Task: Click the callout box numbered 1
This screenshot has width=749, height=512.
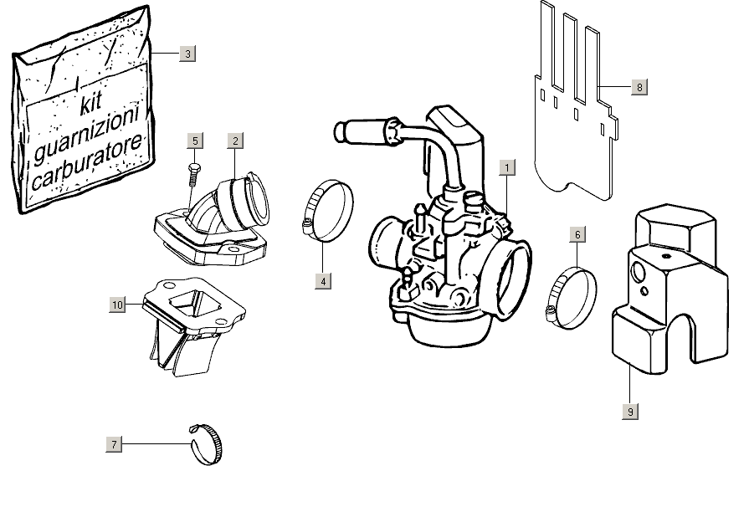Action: (505, 166)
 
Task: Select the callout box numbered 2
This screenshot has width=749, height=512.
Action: (236, 141)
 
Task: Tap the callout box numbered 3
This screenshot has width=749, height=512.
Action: (187, 54)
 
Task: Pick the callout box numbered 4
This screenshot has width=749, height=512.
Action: (323, 281)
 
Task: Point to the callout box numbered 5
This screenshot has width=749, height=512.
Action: (194, 141)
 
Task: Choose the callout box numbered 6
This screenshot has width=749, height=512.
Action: (577, 234)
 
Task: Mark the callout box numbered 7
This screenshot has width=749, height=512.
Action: (115, 443)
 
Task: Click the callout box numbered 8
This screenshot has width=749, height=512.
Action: (639, 86)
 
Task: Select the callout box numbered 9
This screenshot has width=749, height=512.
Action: (629, 411)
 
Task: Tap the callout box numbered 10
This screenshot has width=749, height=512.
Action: (117, 305)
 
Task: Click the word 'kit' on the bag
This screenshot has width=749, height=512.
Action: (90, 105)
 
